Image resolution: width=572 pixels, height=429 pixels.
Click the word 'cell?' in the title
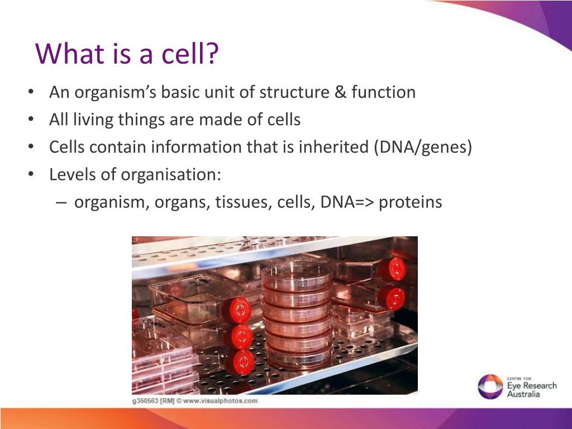pos(190,53)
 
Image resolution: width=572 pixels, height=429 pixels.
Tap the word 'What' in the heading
pos(69,53)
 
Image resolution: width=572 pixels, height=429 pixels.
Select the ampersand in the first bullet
pos(340,92)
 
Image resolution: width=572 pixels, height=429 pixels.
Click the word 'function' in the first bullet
pos(383,92)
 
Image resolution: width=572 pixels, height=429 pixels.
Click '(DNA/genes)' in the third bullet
pos(423,147)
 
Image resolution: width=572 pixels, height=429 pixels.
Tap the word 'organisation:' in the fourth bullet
pos(171,175)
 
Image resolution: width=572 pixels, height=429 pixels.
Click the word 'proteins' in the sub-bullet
pos(411,202)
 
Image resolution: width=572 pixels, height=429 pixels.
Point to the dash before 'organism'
pos(61,202)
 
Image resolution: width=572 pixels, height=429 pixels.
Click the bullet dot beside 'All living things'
pos(31,119)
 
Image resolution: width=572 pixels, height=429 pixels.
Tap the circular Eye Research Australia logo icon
pos(490,387)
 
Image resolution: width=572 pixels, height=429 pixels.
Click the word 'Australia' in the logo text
pos(523,394)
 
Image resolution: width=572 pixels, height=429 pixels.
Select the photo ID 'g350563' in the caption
pos(145,401)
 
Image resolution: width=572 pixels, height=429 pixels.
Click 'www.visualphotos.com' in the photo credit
pos(220,401)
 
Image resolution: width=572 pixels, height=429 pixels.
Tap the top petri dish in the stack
pos(297,274)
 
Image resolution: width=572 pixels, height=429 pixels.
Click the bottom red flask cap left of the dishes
pos(241,362)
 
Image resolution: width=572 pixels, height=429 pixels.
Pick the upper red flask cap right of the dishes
pos(393,269)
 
